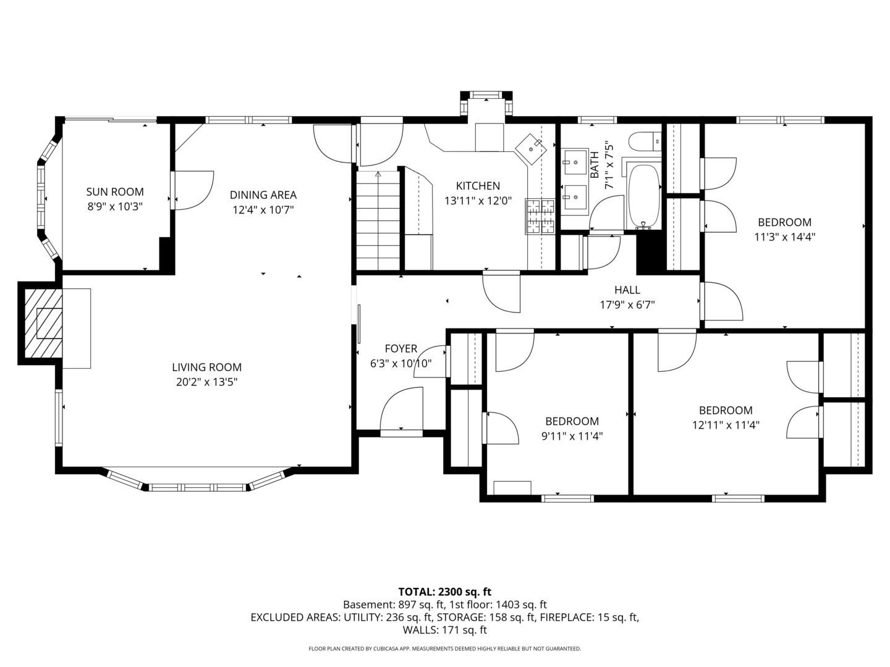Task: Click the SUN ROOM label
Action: tap(115, 192)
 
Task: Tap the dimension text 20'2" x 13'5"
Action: tap(206, 382)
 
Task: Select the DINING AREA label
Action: tap(263, 195)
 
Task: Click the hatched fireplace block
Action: tap(43, 324)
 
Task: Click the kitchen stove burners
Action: tap(540, 216)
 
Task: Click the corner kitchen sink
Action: tap(532, 148)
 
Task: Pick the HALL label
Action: tap(627, 290)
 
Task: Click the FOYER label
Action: tap(400, 349)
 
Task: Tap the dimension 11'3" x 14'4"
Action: tap(784, 237)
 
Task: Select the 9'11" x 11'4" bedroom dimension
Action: tap(572, 436)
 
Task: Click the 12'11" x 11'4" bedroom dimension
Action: tap(726, 425)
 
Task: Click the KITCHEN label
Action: tap(478, 186)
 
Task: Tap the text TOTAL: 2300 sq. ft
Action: tap(444, 592)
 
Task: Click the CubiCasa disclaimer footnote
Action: tap(444, 648)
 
